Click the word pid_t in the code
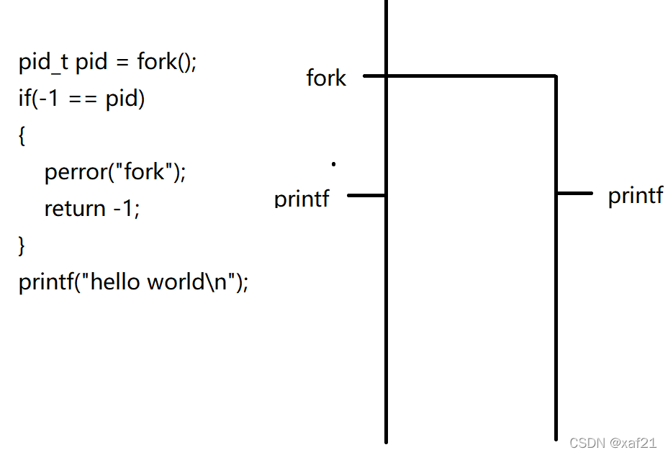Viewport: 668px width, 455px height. (x=44, y=62)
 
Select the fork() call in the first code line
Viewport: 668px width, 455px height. (x=166, y=62)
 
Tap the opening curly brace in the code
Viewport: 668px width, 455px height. (x=22, y=136)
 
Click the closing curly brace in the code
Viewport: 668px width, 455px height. (x=22, y=245)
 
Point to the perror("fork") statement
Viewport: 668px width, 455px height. (x=115, y=171)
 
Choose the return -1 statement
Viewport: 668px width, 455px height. (x=92, y=209)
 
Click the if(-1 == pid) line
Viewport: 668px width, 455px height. (x=81, y=99)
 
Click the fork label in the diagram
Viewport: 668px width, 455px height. (x=326, y=78)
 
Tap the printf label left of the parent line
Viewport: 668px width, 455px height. (x=302, y=198)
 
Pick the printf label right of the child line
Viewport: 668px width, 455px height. (x=636, y=195)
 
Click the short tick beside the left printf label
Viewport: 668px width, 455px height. (x=366, y=195)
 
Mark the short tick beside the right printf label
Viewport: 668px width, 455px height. (x=575, y=193)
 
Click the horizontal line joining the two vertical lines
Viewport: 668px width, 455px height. (x=471, y=75)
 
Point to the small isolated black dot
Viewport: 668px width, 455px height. (x=334, y=164)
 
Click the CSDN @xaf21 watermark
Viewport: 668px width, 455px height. (x=613, y=443)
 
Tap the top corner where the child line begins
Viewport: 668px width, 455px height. (x=556, y=76)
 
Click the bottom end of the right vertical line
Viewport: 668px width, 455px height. (x=556, y=437)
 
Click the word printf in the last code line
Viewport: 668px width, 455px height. (x=44, y=281)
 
